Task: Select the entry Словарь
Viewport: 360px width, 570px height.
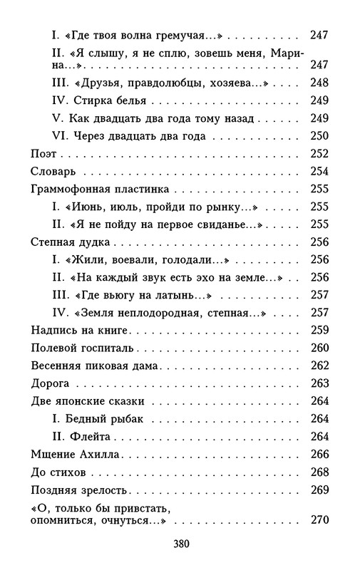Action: (x=59, y=172)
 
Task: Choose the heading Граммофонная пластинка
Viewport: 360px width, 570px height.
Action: (x=100, y=190)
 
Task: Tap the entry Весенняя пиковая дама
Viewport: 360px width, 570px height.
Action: (x=96, y=366)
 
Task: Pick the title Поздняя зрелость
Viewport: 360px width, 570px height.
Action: (x=80, y=490)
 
